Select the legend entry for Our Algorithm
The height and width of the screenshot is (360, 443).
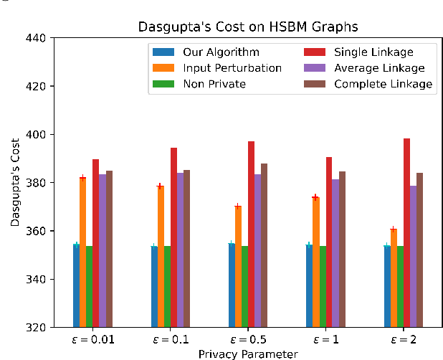(x=221, y=52)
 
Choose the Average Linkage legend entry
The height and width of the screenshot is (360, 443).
(x=378, y=68)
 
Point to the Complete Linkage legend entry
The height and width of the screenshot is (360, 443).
(x=381, y=84)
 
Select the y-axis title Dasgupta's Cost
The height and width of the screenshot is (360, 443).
(x=15, y=183)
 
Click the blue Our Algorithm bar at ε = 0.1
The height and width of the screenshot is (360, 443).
(x=154, y=287)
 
